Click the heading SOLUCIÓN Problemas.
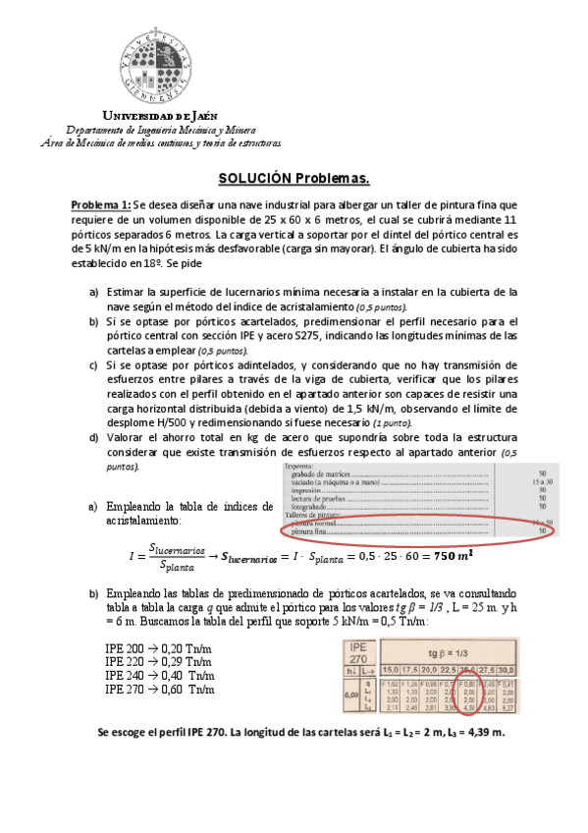coord(294,178)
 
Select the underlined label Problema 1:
coord(100,204)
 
